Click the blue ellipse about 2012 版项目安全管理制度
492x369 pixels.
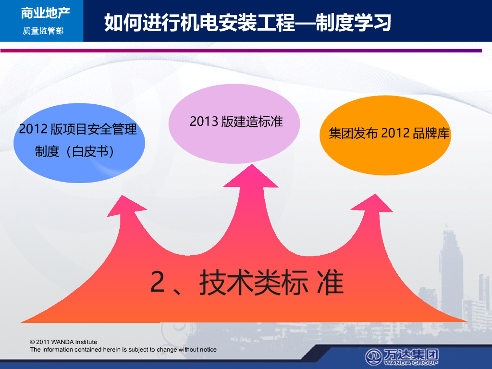[79, 143]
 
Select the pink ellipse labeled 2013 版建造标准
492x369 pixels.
[234, 123]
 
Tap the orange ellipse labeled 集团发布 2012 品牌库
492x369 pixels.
[385, 135]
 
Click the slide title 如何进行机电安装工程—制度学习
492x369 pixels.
[247, 22]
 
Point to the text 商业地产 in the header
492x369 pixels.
[46, 13]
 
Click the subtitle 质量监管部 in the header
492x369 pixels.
[43, 31]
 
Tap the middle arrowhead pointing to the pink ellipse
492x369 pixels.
[251, 176]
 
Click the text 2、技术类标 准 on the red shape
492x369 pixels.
[247, 283]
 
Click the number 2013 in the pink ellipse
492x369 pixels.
[204, 122]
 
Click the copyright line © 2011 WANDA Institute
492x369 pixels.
[63, 342]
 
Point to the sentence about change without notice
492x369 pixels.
[123, 350]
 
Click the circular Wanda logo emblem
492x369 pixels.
[373, 357]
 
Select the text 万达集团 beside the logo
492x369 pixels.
[411, 355]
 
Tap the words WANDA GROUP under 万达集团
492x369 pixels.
[411, 363]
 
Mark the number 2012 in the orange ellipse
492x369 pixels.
[395, 134]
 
